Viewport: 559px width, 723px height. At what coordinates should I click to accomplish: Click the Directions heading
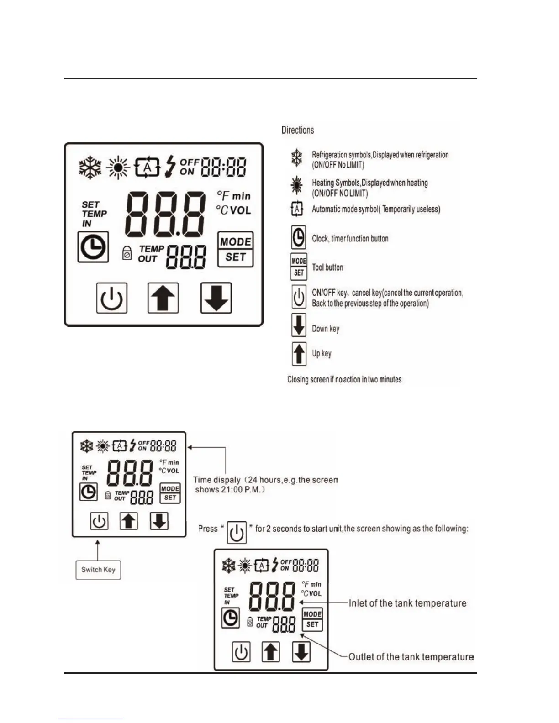coord(298,130)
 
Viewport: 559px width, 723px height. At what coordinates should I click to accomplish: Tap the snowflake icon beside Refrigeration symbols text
coord(297,158)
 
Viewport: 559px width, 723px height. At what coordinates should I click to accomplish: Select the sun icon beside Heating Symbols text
coord(297,185)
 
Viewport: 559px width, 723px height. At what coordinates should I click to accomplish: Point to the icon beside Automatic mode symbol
coord(297,209)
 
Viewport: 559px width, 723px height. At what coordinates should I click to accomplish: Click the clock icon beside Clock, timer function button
coord(298,238)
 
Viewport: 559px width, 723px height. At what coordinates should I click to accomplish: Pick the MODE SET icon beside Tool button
coord(299,267)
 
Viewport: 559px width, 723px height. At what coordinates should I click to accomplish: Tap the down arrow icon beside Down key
coord(299,325)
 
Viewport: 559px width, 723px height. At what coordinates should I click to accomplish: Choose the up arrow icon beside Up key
coord(299,354)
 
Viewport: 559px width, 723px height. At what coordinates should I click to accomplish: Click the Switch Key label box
coord(98,570)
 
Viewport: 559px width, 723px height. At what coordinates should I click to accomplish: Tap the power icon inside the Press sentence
coord(237,532)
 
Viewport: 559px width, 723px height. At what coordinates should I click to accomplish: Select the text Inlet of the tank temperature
coord(407,603)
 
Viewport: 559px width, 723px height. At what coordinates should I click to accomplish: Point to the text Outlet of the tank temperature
coord(411,657)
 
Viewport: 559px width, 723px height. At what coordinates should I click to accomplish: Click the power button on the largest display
coord(111,298)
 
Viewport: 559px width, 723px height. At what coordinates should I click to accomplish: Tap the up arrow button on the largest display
coord(163,298)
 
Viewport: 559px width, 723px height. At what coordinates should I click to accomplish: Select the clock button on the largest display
coord(93,247)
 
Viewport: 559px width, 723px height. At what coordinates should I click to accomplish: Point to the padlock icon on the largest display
coord(127,253)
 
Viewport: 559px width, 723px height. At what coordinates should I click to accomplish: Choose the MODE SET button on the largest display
coord(235,249)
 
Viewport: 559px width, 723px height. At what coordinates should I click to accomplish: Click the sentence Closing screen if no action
coord(344,379)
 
